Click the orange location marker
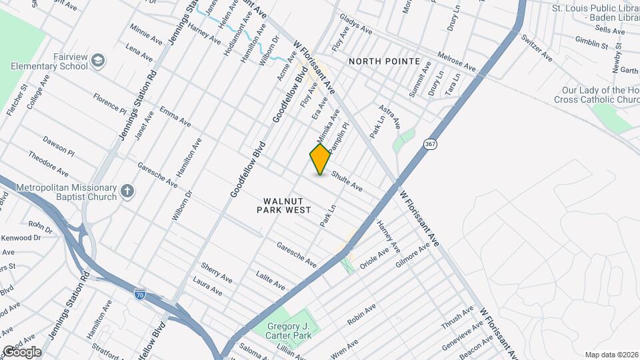tap(321, 159)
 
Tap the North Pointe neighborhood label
tap(385, 61)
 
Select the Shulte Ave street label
tap(346, 180)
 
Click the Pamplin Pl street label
tap(338, 134)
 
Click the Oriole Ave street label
tap(373, 257)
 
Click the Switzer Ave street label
tap(537, 47)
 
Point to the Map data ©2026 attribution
tap(611, 354)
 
